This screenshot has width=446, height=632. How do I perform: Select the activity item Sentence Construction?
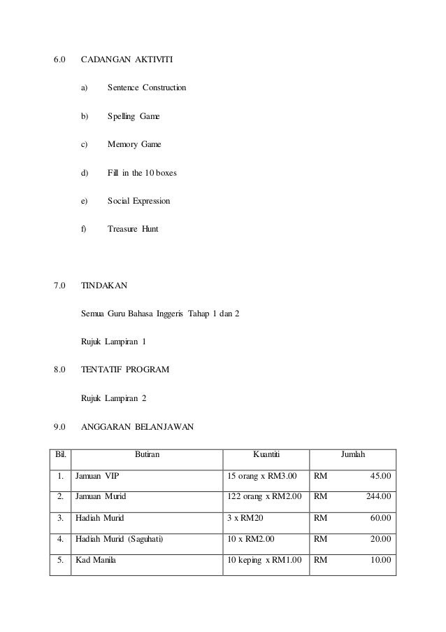pyautogui.click(x=147, y=88)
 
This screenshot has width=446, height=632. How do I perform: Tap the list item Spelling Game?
pyautogui.click(x=134, y=116)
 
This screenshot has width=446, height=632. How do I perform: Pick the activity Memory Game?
pyautogui.click(x=134, y=144)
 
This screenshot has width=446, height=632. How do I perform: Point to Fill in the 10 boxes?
pyautogui.click(x=142, y=172)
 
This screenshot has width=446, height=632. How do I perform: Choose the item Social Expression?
pyautogui.click(x=138, y=201)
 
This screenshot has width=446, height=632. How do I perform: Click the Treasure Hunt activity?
pyautogui.click(x=133, y=229)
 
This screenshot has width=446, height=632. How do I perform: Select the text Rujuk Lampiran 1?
pyautogui.click(x=116, y=342)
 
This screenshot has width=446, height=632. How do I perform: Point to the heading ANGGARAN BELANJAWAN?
pyautogui.click(x=138, y=426)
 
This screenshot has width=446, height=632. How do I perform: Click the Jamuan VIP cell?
pyautogui.click(x=97, y=477)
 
